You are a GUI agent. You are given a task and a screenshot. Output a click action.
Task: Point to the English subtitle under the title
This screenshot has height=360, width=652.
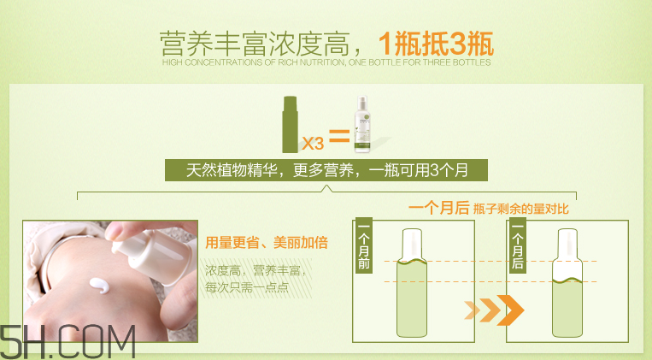pyautogui.click(x=326, y=62)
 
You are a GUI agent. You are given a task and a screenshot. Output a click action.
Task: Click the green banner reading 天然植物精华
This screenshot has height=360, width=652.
pyautogui.click(x=326, y=168)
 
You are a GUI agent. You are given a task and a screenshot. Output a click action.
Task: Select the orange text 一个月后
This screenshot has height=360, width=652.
pyautogui.click(x=438, y=208)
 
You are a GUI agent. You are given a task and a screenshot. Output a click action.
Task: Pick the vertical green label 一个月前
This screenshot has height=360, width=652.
pyautogui.click(x=364, y=247)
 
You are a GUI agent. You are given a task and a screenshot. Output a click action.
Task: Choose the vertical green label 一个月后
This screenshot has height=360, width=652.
pyautogui.click(x=516, y=247)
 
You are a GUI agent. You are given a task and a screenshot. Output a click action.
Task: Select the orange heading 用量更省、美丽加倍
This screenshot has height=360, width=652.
pyautogui.click(x=267, y=243)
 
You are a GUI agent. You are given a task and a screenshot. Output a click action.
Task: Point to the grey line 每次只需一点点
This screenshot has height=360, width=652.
pyautogui.click(x=247, y=287)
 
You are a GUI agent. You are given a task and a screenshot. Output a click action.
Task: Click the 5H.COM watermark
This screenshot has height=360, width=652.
pyautogui.click(x=68, y=341)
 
